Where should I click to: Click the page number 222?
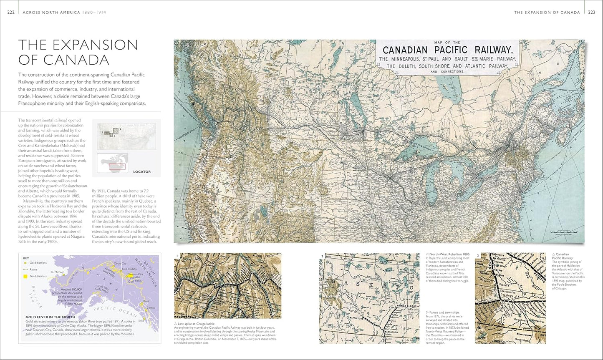[11, 13]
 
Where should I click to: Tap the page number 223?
[591, 13]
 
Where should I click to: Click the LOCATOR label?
[142, 171]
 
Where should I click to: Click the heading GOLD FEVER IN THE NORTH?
[50, 317]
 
